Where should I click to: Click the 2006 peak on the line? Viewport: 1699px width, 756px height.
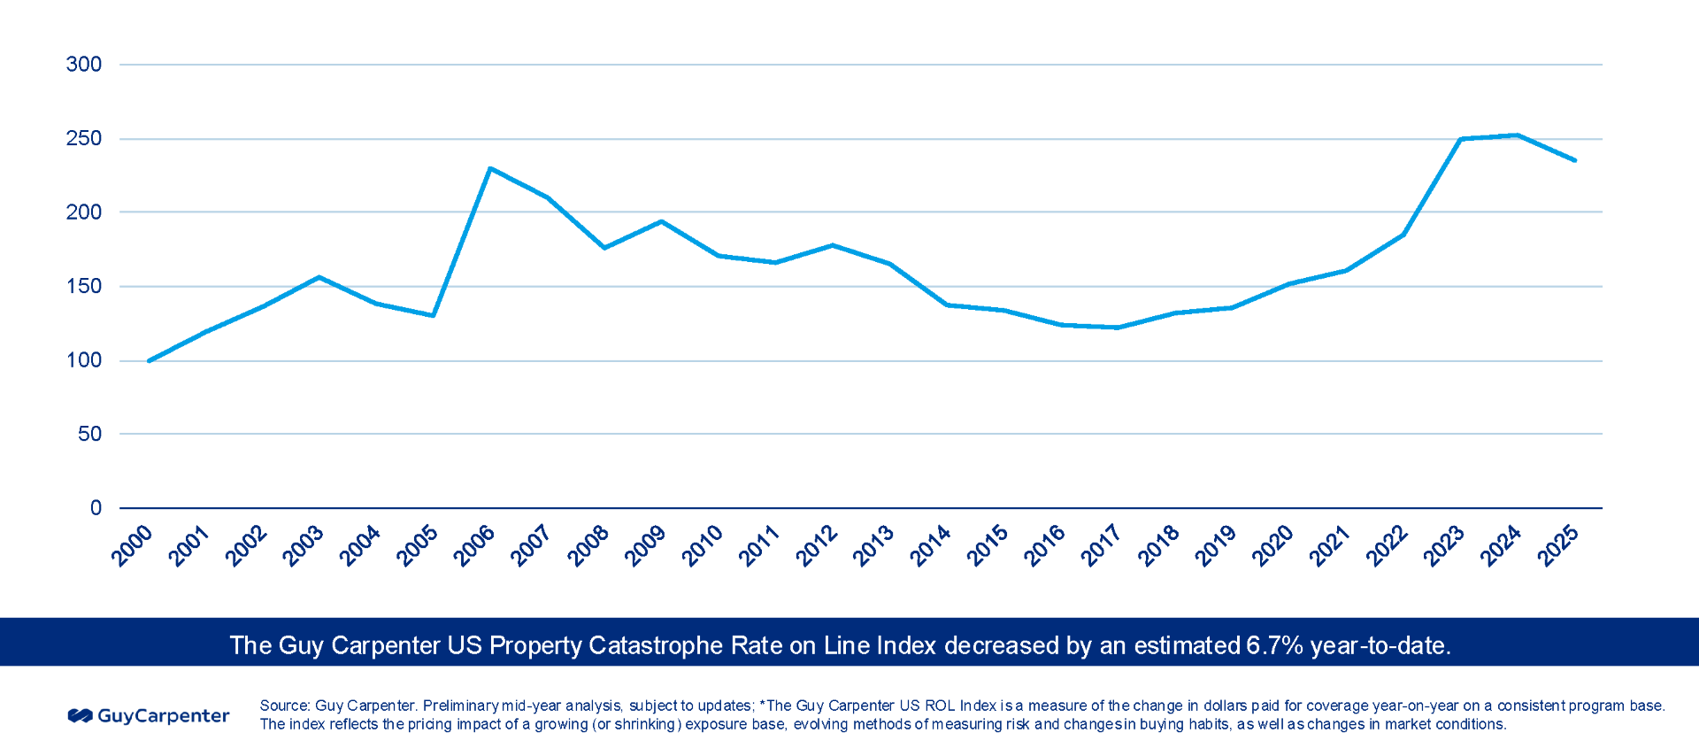490,168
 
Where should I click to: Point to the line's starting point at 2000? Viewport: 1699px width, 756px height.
149,361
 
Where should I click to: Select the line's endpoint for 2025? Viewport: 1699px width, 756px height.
1575,160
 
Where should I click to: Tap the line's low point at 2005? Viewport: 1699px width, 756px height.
434,315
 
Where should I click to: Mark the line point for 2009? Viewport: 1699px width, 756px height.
661,221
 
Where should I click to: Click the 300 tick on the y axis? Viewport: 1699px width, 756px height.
84,64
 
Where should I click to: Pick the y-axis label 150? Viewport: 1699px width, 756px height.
84,286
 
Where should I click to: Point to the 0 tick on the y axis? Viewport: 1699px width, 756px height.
96,508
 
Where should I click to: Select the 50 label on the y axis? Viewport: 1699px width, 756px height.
89,434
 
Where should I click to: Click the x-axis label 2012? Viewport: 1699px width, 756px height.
817,545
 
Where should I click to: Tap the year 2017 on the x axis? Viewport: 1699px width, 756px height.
1102,545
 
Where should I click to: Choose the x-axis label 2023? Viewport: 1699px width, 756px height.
1444,545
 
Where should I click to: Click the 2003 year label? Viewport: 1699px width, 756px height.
304,545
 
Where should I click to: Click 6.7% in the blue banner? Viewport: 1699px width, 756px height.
1274,645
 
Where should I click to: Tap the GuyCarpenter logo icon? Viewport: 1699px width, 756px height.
81,715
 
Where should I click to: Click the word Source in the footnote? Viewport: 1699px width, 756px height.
283,706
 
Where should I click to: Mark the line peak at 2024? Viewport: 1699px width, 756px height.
1518,135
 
